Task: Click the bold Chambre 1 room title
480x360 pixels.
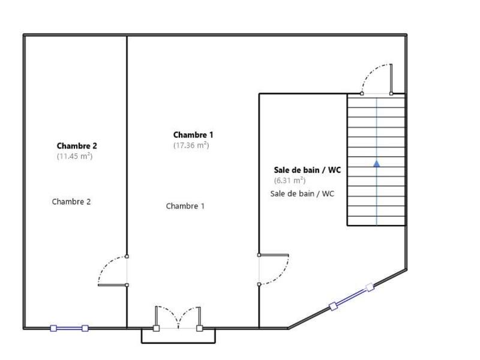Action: [x=193, y=135]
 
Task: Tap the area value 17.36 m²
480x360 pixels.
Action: [x=191, y=145]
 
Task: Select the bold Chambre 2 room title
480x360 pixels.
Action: [x=77, y=146]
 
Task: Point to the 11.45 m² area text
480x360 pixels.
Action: [x=75, y=156]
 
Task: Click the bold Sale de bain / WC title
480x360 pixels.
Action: [x=307, y=170]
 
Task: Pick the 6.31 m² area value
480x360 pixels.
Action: [x=290, y=180]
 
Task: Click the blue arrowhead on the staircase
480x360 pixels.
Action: [x=376, y=163]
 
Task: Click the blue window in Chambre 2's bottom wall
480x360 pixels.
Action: [x=69, y=328]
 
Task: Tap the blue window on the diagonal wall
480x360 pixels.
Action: [x=352, y=297]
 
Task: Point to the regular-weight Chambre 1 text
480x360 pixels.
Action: [x=185, y=206]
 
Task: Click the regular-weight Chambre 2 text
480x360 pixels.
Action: [x=71, y=202]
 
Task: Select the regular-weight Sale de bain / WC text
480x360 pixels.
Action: [x=302, y=193]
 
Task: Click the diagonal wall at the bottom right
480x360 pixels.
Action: [x=312, y=317]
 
